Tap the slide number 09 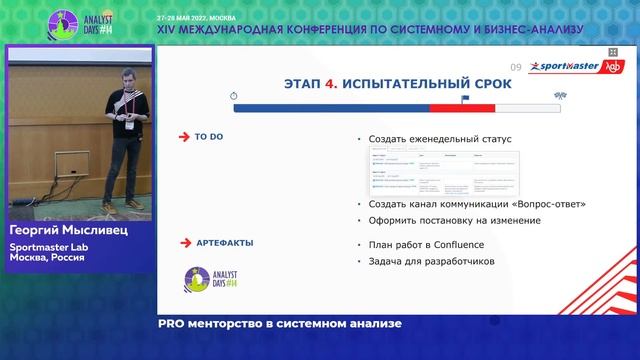(516, 67)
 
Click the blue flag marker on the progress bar (464, 98)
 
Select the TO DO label (209, 137)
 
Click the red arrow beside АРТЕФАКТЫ (183, 242)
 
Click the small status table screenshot (439, 172)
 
